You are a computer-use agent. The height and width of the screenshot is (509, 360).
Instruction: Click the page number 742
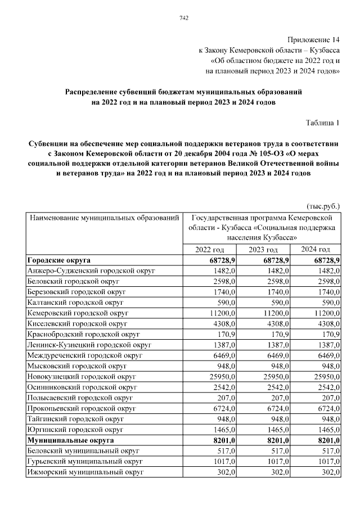pyautogui.click(x=183, y=18)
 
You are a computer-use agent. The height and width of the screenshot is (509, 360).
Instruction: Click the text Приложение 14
pyautogui.click(x=314, y=40)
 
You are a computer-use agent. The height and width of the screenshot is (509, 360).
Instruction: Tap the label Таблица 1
pyautogui.click(x=323, y=123)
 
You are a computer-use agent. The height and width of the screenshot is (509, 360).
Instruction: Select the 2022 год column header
pyautogui.click(x=210, y=250)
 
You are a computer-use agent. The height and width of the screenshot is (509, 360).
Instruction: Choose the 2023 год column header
pyautogui.click(x=263, y=250)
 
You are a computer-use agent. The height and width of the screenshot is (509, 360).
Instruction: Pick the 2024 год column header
pyautogui.click(x=316, y=250)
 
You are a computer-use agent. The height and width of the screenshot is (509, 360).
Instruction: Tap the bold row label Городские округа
pyautogui.click(x=59, y=260)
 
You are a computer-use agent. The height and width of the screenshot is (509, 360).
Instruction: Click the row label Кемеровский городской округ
pyautogui.click(x=78, y=312)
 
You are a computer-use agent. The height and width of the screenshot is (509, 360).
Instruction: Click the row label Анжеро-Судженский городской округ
pyautogui.click(x=91, y=271)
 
